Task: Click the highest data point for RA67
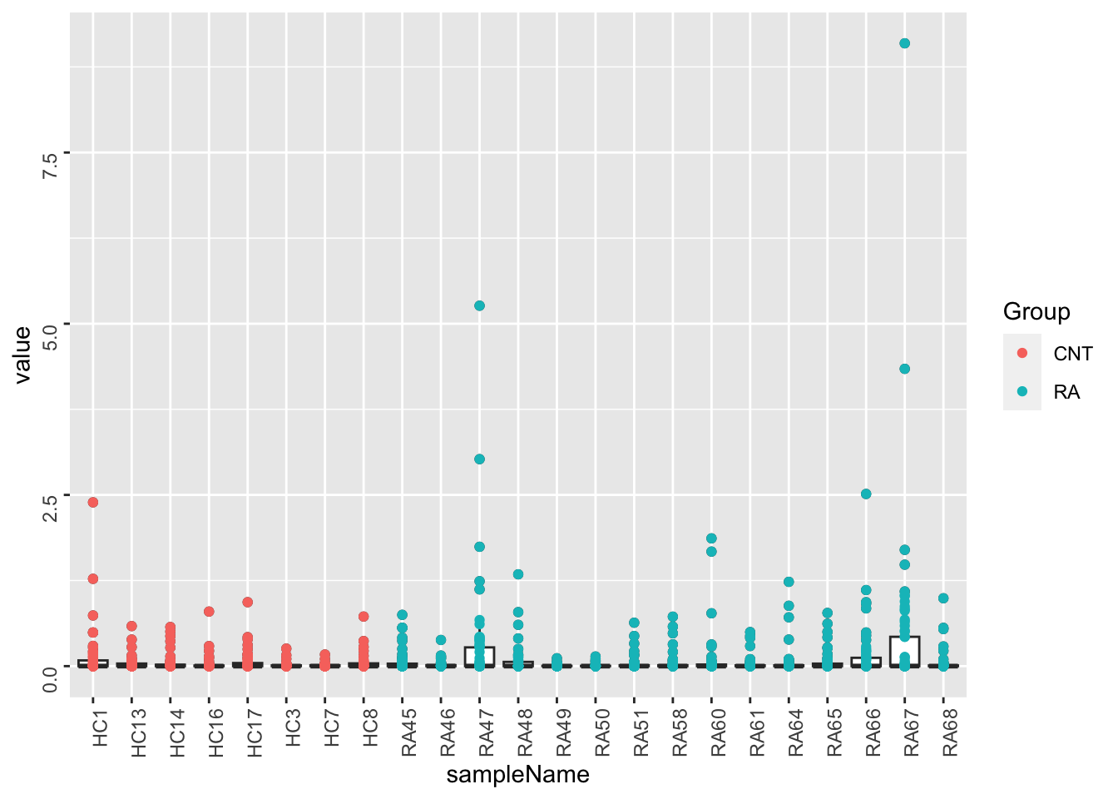pos(904,43)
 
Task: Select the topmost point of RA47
pos(479,305)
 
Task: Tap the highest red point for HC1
pos(92,502)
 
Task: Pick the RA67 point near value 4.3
pos(904,369)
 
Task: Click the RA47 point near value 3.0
pos(479,459)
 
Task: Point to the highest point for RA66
pos(866,494)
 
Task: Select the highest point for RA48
pos(517,574)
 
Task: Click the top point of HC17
pos(247,602)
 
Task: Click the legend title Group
pos(1036,311)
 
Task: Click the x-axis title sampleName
pos(517,775)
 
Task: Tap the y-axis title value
pos(22,354)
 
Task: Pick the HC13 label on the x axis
pos(139,732)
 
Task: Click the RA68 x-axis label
pos(950,732)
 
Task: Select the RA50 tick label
pos(602,732)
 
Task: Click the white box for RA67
pos(904,651)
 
